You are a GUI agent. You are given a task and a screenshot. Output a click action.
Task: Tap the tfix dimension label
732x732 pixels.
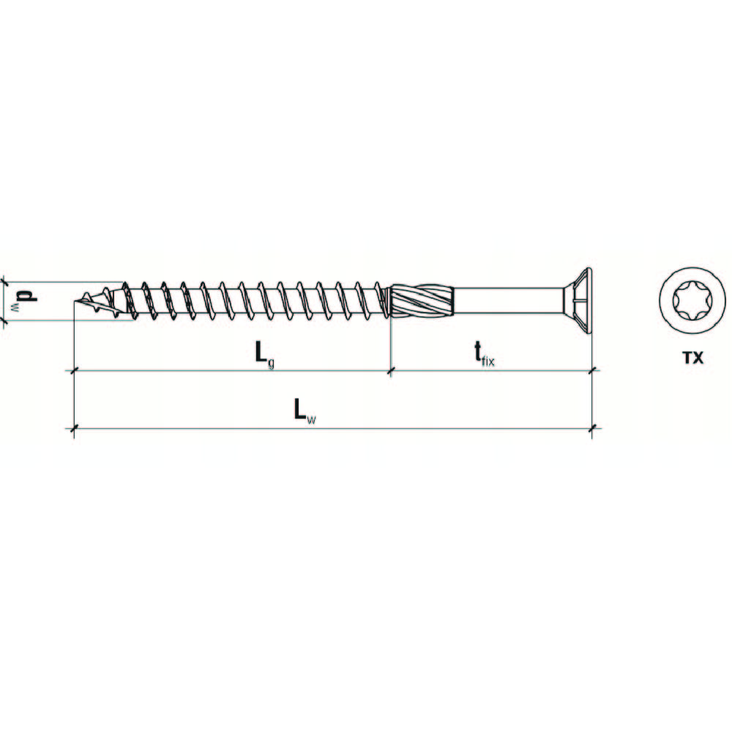point(485,354)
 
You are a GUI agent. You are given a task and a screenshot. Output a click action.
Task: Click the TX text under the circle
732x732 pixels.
point(692,358)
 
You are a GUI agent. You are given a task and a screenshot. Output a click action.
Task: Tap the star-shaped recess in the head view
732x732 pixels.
point(692,301)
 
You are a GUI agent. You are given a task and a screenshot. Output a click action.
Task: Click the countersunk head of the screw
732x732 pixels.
point(577,301)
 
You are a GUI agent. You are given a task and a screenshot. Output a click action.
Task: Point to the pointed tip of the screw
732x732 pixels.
point(75,301)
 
